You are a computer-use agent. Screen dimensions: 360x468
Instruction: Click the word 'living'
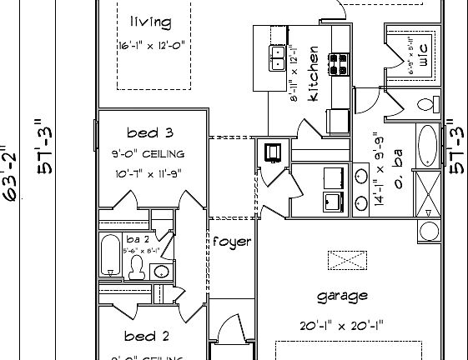coord(151,21)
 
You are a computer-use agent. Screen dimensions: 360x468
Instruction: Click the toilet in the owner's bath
coord(427,103)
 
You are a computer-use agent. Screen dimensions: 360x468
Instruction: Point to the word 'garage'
coord(342,297)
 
